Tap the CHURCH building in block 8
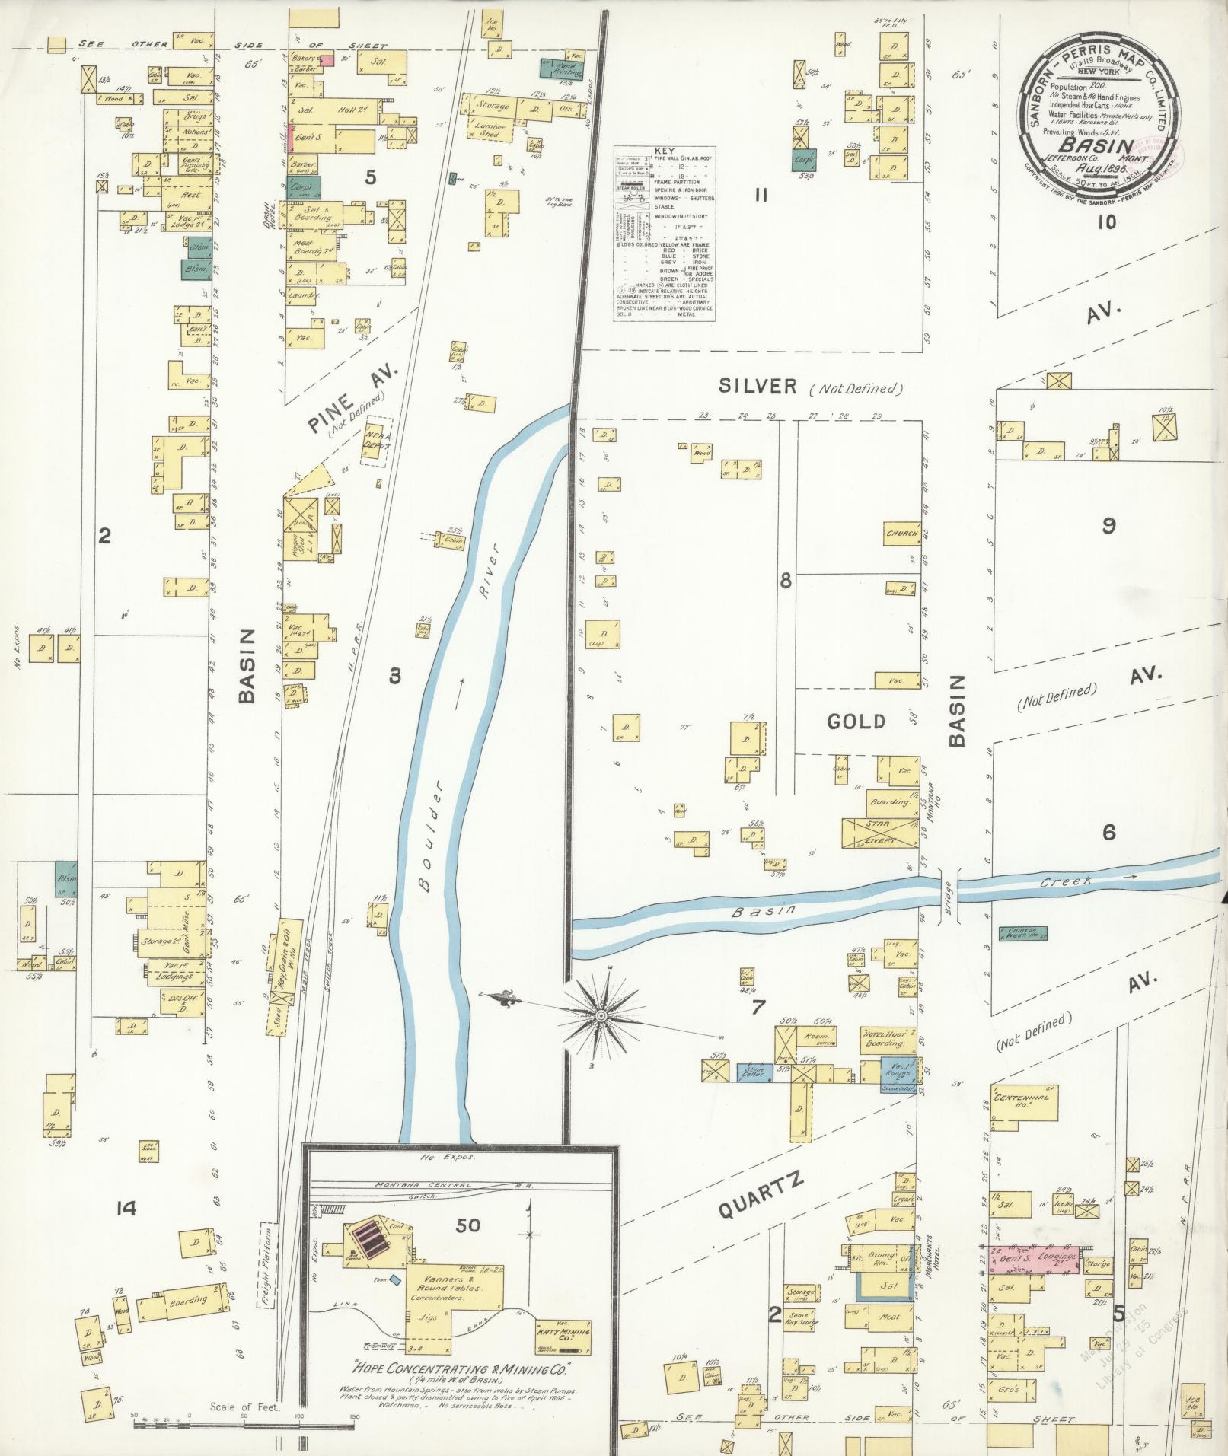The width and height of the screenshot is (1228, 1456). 902,534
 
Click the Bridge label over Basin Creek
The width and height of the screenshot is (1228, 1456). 947,896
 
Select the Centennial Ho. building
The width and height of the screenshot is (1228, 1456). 1023,1101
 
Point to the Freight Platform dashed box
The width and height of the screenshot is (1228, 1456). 267,1263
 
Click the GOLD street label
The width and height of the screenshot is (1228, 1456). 856,721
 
